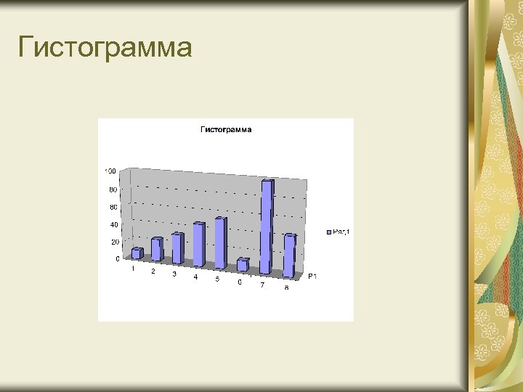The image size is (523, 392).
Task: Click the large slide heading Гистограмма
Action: tap(105, 49)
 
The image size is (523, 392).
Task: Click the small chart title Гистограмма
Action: tap(226, 130)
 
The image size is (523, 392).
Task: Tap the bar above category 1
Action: tap(136, 253)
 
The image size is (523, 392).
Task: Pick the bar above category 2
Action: tap(156, 250)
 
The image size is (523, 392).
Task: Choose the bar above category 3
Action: tap(177, 249)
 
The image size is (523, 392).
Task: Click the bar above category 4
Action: tap(198, 245)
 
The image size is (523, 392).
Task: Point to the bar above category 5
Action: tap(219, 243)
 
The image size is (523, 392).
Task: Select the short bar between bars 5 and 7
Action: tap(242, 266)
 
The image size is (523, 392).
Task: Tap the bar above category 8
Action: tap(288, 256)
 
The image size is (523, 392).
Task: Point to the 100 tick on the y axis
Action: tap(110, 171)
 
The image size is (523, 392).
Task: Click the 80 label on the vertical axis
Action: tap(113, 189)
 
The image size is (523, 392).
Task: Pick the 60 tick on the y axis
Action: tap(113, 207)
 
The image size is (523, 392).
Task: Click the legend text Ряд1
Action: tap(341, 232)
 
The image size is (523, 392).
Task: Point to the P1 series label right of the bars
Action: tap(312, 277)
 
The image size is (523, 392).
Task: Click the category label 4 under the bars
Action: tap(195, 277)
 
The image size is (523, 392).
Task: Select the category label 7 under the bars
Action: tap(262, 285)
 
